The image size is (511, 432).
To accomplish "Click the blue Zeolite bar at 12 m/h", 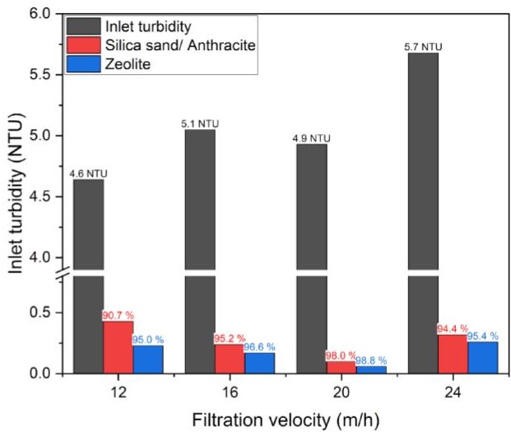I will (148, 360).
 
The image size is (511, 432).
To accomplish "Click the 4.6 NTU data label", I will (87, 173).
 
